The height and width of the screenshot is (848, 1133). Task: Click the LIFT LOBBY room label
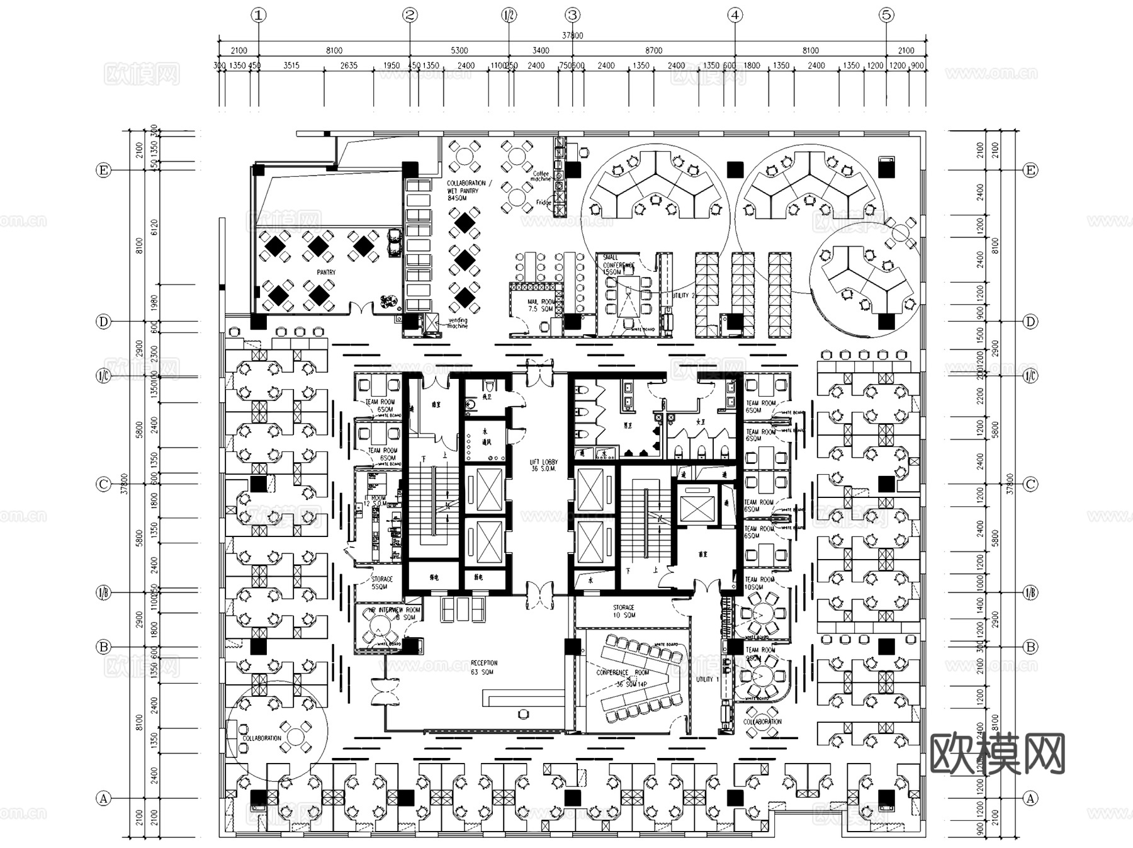pyautogui.click(x=544, y=465)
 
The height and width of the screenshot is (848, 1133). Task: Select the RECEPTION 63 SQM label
pyautogui.click(x=483, y=667)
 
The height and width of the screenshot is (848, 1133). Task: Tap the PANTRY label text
pyautogui.click(x=326, y=273)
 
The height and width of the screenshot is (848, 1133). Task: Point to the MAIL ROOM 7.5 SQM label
pyautogui.click(x=541, y=305)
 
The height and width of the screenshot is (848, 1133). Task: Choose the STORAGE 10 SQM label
pyautogui.click(x=624, y=611)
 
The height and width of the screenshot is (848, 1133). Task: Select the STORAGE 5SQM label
pyautogui.click(x=381, y=582)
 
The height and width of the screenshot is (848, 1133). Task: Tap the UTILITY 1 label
pyautogui.click(x=705, y=679)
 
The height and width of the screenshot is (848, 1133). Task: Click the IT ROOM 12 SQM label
pyautogui.click(x=375, y=501)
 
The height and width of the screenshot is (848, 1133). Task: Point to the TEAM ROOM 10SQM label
pyautogui.click(x=759, y=583)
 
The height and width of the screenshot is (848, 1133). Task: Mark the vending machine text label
pyautogui.click(x=458, y=323)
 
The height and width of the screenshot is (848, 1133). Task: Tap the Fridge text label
pyautogui.click(x=543, y=203)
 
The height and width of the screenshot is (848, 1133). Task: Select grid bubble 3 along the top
pyautogui.click(x=572, y=15)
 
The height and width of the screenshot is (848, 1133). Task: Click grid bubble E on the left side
pyautogui.click(x=103, y=170)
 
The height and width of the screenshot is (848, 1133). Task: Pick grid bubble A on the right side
pyautogui.click(x=1030, y=798)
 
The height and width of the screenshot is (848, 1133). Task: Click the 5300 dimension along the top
pyautogui.click(x=459, y=50)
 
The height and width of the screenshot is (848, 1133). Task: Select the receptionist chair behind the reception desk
pyautogui.click(x=523, y=713)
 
